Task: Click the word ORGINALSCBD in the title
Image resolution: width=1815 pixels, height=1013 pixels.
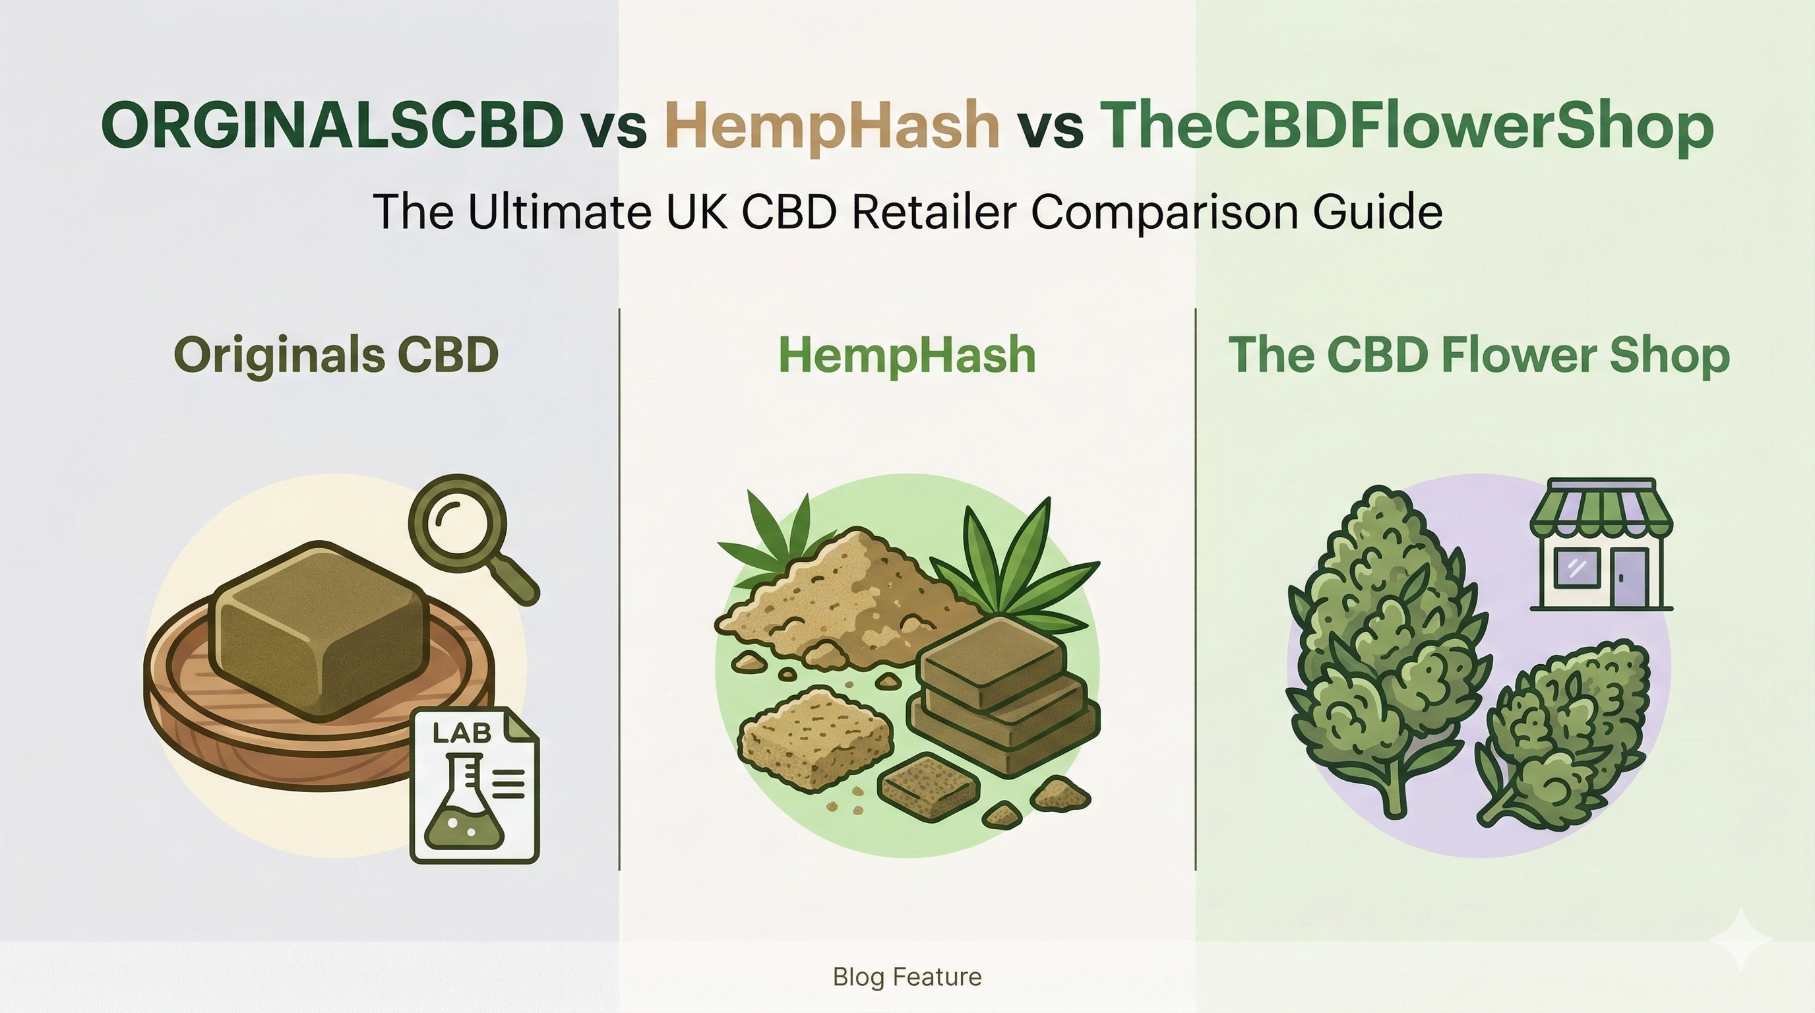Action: [x=332, y=125]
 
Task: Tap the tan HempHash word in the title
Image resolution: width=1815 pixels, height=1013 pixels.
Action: [x=832, y=125]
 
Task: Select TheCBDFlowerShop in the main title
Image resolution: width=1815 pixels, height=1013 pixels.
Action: [x=1406, y=125]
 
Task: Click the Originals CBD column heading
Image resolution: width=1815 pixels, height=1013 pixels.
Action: [x=336, y=354]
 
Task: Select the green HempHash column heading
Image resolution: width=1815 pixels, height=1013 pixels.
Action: [x=907, y=354]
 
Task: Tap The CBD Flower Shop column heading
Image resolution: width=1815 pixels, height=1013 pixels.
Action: [x=1479, y=354]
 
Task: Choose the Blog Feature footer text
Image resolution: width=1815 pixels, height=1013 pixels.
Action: [x=907, y=976]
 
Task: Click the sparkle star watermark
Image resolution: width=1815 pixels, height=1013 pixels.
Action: [x=1740, y=940]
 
